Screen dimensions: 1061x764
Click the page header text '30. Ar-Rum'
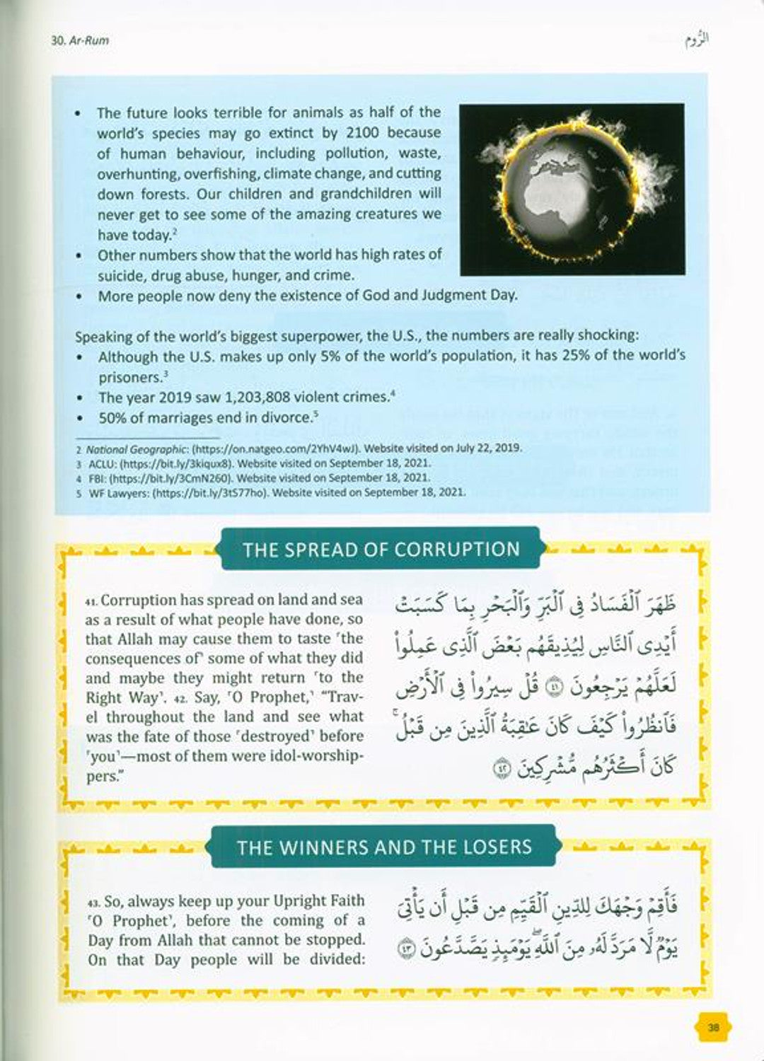80,40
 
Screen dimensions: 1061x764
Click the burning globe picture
572,189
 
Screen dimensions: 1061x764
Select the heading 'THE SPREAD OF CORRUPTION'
381,550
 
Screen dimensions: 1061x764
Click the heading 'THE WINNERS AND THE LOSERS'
384,847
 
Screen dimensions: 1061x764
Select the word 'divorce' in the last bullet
286,418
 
